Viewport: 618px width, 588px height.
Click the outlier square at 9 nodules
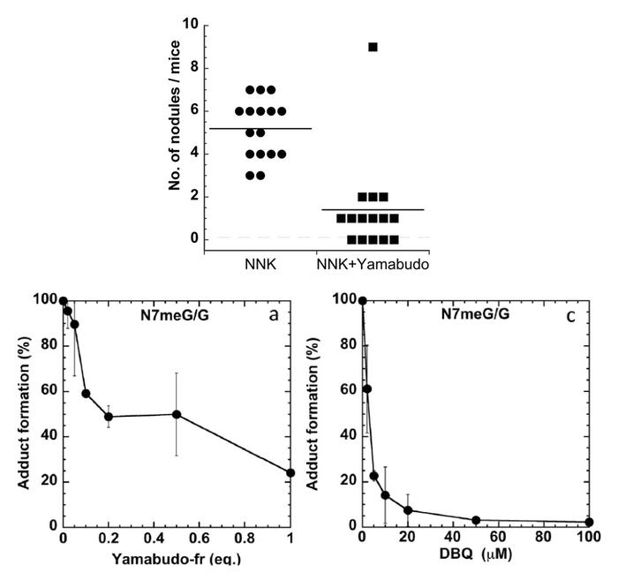373,47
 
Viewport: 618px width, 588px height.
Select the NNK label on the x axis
260,263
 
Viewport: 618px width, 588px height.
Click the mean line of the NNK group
260,129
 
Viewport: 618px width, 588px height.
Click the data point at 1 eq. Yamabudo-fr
290,472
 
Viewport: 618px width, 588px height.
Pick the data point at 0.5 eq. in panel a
177,414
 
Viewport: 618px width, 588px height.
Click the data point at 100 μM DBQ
589,522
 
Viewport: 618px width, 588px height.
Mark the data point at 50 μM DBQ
476,520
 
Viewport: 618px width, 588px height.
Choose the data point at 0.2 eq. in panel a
109,417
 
